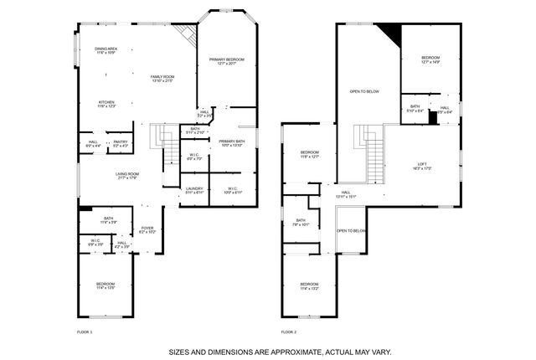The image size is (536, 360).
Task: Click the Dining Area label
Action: pyautogui.click(x=106, y=51)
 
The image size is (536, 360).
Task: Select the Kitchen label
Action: pyautogui.click(x=106, y=104)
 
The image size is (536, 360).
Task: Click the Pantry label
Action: pyautogui.click(x=120, y=144)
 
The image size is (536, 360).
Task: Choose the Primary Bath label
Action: pyautogui.click(x=231, y=143)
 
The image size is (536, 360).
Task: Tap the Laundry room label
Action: pyautogui.click(x=194, y=190)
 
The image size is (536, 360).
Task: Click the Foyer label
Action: pyautogui.click(x=147, y=229)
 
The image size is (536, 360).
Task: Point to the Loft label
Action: pyautogui.click(x=422, y=166)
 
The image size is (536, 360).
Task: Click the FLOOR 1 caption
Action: pyautogui.click(x=85, y=332)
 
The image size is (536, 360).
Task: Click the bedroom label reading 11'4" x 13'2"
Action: pyautogui.click(x=310, y=287)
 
